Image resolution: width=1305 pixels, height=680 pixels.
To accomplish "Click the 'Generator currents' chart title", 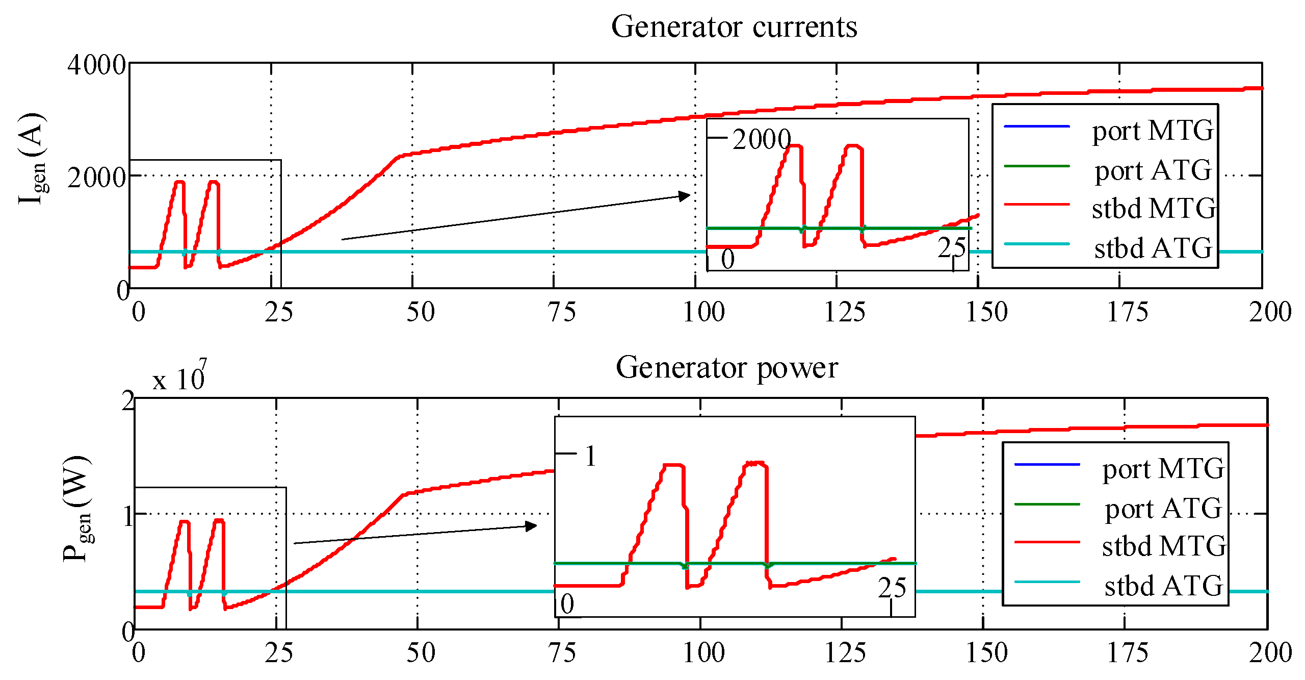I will [734, 27].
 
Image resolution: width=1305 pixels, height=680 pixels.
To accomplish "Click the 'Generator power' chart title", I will [727, 367].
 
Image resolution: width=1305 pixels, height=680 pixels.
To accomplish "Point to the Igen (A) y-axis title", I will [32, 159].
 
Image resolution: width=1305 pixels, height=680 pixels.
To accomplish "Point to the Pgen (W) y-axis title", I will [76, 509].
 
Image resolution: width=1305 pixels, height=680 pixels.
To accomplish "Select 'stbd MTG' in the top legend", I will [1153, 209].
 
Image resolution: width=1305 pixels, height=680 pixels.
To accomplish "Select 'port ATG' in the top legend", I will [1153, 170].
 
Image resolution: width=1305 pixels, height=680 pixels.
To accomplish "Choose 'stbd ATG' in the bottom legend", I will [1163, 586].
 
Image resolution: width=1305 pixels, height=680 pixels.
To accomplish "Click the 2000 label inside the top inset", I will [761, 139].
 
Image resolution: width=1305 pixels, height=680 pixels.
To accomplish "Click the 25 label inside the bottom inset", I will [892, 588].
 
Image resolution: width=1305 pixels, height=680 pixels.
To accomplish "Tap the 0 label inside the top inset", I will [727, 259].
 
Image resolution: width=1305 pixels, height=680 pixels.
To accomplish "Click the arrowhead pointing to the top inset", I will [684, 196].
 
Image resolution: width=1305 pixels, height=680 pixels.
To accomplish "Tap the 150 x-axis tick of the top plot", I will [986, 312].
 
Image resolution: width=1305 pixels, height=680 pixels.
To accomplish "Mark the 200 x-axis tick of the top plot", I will [1269, 312].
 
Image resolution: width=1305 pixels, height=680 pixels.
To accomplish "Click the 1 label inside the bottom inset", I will [590, 456].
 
